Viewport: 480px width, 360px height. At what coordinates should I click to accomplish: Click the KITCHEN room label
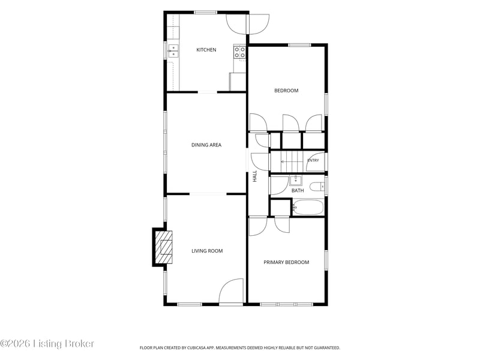click(206, 50)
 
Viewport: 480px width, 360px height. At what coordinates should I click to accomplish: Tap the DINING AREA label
click(206, 145)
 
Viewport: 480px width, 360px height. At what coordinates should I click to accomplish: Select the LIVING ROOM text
click(207, 251)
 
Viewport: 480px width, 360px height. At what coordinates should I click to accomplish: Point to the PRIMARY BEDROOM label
click(286, 262)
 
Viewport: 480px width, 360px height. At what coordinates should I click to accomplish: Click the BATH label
click(298, 190)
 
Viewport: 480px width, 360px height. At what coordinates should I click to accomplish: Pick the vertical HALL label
click(254, 176)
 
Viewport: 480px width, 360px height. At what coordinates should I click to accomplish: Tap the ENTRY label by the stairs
click(313, 160)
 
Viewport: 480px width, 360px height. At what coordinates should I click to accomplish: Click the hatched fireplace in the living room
click(164, 247)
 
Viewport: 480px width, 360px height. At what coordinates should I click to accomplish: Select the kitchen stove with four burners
click(239, 52)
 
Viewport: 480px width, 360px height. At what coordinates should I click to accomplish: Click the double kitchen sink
click(173, 51)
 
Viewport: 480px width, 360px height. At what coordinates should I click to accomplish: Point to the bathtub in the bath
click(308, 207)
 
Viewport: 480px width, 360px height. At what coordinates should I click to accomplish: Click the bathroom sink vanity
click(296, 181)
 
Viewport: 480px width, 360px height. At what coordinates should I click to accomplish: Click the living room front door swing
click(231, 291)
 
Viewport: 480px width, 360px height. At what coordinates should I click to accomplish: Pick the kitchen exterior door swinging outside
click(259, 24)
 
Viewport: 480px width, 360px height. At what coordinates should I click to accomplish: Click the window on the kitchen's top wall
click(206, 13)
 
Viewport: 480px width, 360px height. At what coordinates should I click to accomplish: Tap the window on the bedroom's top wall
click(299, 46)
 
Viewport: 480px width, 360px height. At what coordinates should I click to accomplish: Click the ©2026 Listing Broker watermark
click(47, 343)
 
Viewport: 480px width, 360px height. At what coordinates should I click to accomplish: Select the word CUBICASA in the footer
click(197, 348)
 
